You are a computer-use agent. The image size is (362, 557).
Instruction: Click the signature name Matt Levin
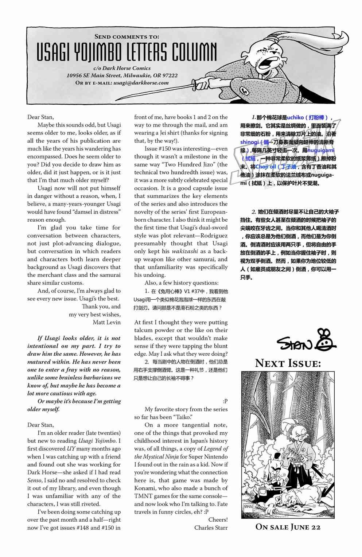click(x=106, y=322)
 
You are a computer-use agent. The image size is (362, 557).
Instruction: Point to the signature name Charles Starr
click(x=211, y=527)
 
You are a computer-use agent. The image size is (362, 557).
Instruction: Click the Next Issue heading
click(x=288, y=363)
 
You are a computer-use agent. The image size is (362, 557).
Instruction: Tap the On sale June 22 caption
click(x=288, y=527)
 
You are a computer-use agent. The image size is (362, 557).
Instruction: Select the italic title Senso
click(x=34, y=480)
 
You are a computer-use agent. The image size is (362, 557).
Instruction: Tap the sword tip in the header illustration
click(x=116, y=99)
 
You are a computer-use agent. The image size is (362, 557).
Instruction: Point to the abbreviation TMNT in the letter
click(x=143, y=496)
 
